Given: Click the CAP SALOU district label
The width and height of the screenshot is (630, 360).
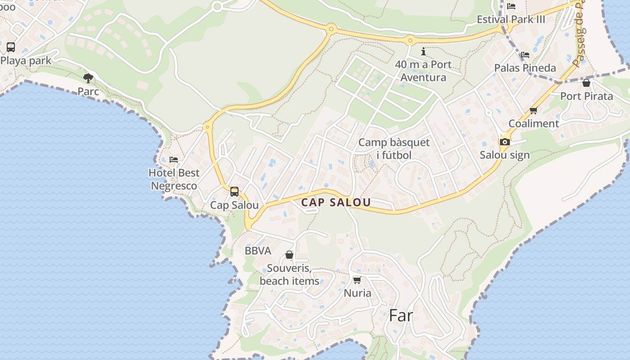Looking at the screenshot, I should point(336,202).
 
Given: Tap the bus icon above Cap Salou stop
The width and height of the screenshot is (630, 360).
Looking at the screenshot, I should point(234,192).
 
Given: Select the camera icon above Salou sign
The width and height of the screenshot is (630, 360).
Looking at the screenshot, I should point(504,142).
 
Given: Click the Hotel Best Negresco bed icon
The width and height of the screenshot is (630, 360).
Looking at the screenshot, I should point(174,160).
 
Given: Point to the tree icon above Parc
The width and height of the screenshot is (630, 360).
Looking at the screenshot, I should point(88,78).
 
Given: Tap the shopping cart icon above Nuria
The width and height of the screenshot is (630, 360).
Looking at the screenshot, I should point(357,280).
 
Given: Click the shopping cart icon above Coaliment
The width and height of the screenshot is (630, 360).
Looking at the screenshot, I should point(534,110).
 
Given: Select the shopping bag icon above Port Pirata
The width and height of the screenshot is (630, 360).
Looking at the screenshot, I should point(586,83).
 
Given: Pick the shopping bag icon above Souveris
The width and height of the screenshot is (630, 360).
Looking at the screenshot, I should point(289,255).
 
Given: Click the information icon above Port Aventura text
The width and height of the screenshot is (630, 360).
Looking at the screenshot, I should point(423,51).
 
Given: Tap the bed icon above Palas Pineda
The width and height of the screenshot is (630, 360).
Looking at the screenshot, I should point(525,55).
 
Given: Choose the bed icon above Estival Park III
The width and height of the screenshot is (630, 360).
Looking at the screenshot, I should point(511,6).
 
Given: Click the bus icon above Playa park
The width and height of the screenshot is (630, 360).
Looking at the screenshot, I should point(11,47).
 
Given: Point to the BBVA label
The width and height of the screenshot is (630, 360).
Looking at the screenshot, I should point(258,251).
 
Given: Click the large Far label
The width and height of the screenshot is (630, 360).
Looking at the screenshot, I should point(400,315).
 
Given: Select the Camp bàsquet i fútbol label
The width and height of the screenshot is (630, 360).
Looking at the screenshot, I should point(394,149).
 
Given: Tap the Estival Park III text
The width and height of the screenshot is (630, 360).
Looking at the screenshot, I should point(511,19).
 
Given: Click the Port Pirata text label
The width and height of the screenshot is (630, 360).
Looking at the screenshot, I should point(586,96).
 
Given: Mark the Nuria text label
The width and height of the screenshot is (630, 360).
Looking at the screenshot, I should point(357,293).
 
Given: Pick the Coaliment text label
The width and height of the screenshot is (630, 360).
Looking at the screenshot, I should point(534,123).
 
